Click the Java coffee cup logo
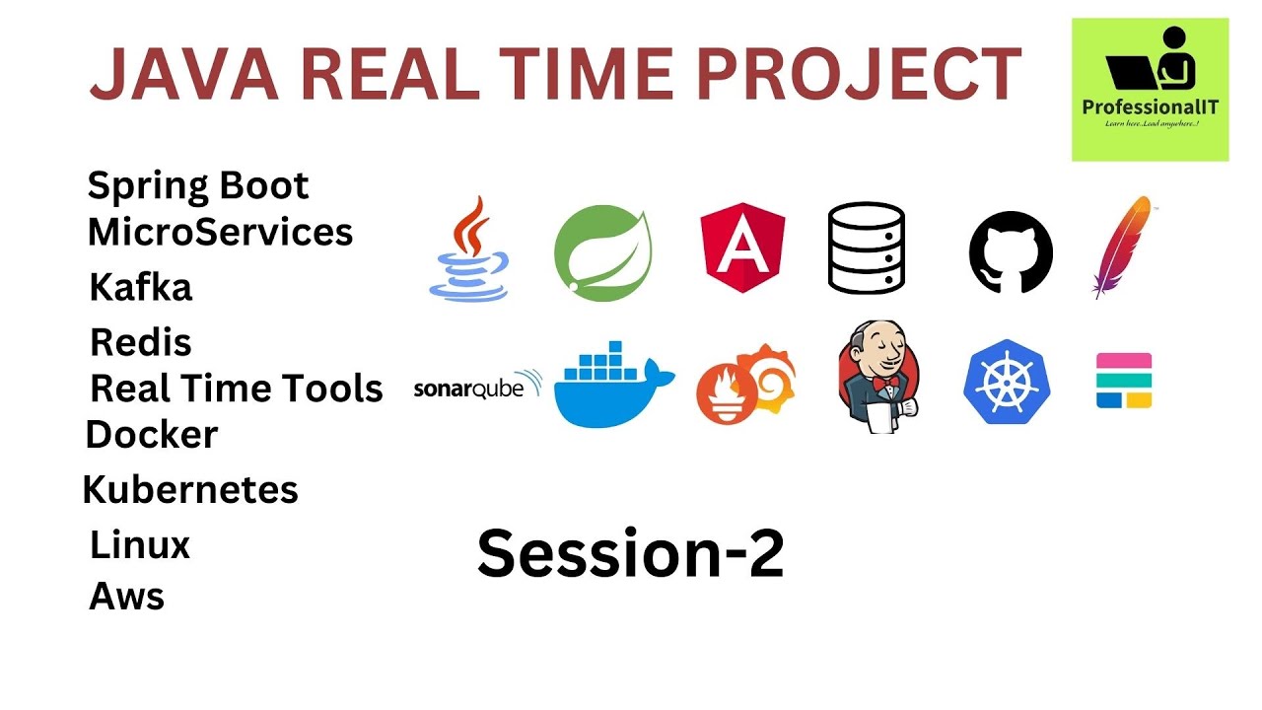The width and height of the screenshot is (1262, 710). (469, 248)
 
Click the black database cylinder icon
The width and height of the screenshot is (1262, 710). (866, 248)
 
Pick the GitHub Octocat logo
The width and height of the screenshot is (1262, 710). (1011, 251)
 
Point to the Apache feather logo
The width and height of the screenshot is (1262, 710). (1122, 247)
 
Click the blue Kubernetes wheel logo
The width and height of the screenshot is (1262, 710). (1006, 383)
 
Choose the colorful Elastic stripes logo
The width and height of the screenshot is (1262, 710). (1124, 381)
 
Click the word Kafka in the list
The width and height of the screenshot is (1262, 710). (141, 288)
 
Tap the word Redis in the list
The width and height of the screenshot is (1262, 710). (141, 343)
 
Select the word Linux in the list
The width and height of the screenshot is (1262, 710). (140, 544)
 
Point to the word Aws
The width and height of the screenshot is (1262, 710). (127, 596)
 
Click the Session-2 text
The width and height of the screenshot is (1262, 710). (631, 554)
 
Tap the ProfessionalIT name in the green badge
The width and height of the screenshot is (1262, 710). (1150, 106)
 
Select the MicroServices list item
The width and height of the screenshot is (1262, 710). (220, 233)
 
